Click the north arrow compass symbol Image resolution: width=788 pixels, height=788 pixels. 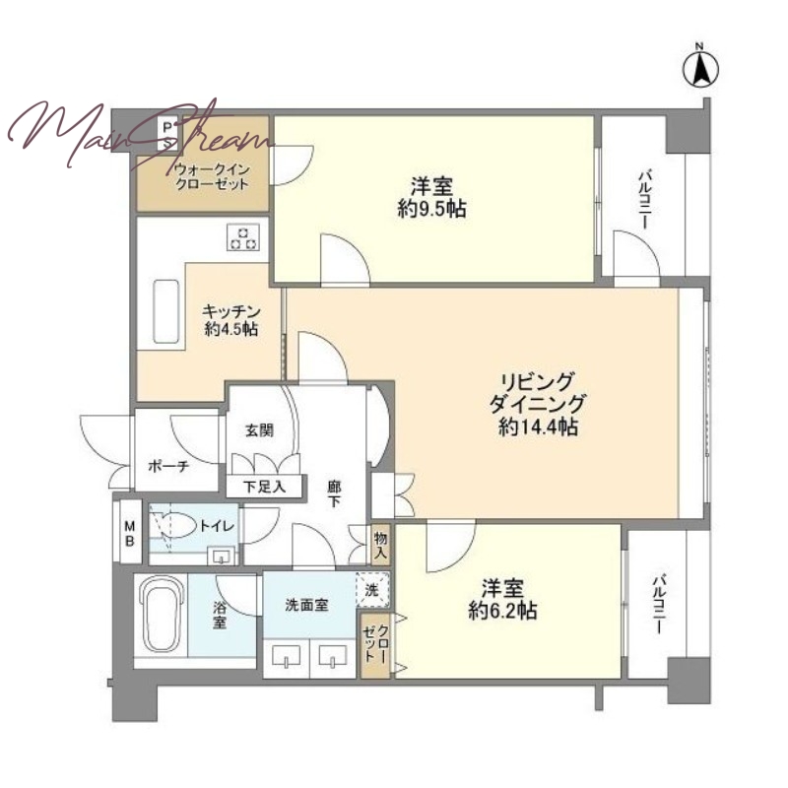click(x=700, y=67)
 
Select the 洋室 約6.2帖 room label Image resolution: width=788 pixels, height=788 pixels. click(x=502, y=599)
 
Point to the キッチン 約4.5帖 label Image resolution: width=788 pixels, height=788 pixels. click(x=231, y=319)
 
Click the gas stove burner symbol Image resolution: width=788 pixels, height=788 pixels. click(x=243, y=237)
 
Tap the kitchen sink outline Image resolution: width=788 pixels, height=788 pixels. click(x=165, y=311)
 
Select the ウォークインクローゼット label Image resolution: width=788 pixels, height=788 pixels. click(x=212, y=176)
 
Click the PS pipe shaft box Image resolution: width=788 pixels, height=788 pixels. click(x=167, y=134)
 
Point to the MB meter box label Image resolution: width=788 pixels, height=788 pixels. click(x=130, y=533)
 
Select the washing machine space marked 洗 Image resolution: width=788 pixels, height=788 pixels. click(x=372, y=589)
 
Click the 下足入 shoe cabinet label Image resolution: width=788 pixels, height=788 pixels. click(x=264, y=487)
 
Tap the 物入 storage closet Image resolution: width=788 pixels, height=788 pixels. click(x=380, y=546)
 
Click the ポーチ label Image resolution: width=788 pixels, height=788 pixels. click(x=168, y=466)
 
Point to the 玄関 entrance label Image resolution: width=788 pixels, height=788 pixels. click(x=259, y=430)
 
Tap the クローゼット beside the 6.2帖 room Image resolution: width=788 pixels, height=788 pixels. click(x=375, y=645)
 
